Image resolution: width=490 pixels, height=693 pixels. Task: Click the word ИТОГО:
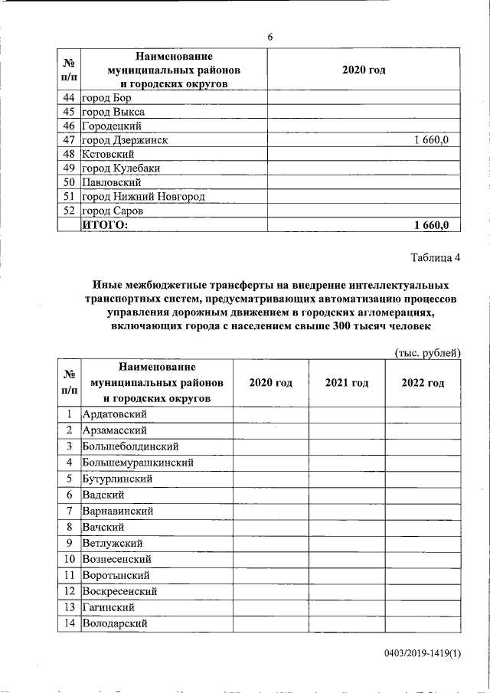coord(105,224)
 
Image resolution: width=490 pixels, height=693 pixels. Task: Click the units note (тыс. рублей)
coord(427,352)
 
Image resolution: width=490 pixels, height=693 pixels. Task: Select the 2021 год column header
coord(347,383)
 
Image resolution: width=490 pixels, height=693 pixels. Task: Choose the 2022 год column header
coord(423,383)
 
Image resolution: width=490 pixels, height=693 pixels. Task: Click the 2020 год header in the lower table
coord(271,383)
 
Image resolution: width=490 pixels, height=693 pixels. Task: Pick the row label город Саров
coord(113,211)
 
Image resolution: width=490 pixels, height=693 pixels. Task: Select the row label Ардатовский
coord(113,414)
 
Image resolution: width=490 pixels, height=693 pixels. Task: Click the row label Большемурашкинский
coord(137,463)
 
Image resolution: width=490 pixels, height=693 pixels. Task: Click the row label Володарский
coord(115,623)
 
